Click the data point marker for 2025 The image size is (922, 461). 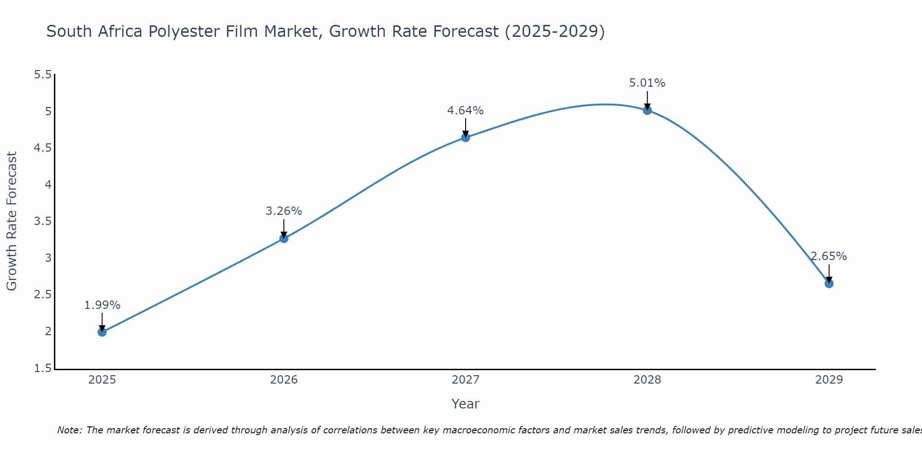pos(102,332)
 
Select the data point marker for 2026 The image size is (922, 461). pos(284,238)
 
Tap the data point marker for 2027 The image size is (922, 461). pos(466,137)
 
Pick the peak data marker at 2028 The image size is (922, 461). pos(647,110)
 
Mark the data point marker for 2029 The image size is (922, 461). pos(829,284)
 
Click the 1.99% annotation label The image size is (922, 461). pos(102,305)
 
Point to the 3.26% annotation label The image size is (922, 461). pos(284,211)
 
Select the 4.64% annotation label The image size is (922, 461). pos(466,111)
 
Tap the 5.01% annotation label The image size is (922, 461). pos(647,83)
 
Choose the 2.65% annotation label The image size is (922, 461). pos(829,256)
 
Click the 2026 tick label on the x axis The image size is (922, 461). pos(284,380)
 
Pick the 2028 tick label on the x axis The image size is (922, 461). pos(647,380)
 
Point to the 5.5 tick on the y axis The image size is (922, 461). pos(43,75)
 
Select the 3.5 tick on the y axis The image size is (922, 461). pos(43,221)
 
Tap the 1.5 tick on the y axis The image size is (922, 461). pos(43,368)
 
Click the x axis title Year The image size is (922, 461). pos(466,404)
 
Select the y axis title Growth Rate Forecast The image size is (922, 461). pos(12,221)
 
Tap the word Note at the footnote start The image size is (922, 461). pos(69,430)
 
